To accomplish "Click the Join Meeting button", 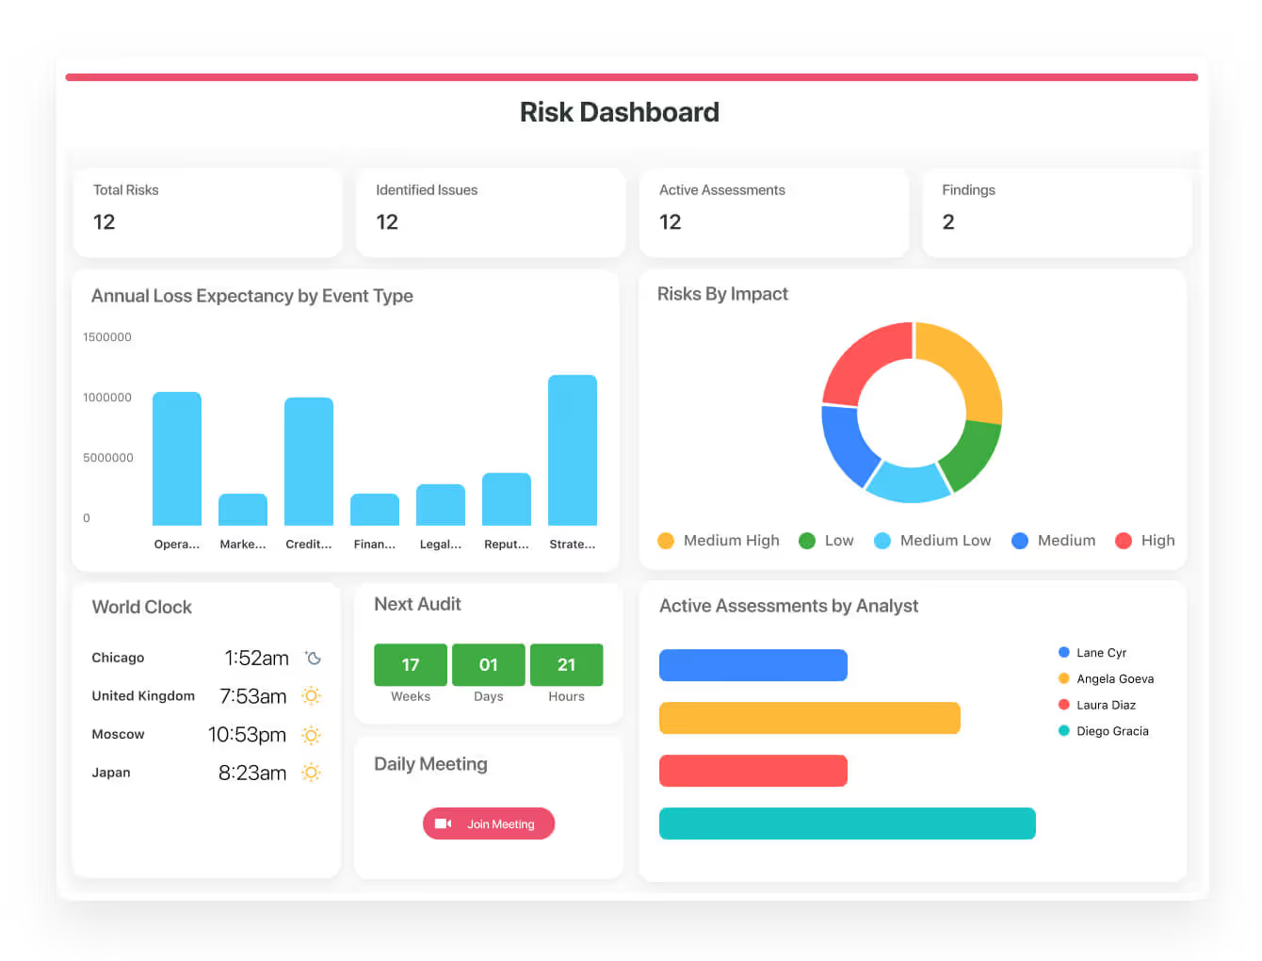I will (x=489, y=823).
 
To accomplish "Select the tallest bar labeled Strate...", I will (x=573, y=450).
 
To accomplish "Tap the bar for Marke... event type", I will (x=243, y=510).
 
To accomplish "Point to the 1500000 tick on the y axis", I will (x=107, y=337).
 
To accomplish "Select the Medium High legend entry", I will (x=719, y=541).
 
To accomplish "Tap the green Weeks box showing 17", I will (x=411, y=665).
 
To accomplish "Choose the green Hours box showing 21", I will (x=566, y=665).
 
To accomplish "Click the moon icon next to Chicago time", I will (x=314, y=658).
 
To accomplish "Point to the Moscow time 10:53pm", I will (x=247, y=735).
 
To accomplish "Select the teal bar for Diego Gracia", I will (x=847, y=823).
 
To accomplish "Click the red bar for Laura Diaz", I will (x=752, y=771).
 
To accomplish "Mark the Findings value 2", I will (x=948, y=222).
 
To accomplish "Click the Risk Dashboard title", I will (x=620, y=112).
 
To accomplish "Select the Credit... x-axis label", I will (x=309, y=545).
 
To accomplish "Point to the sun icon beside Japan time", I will (x=311, y=773).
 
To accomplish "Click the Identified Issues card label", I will (x=427, y=190).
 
